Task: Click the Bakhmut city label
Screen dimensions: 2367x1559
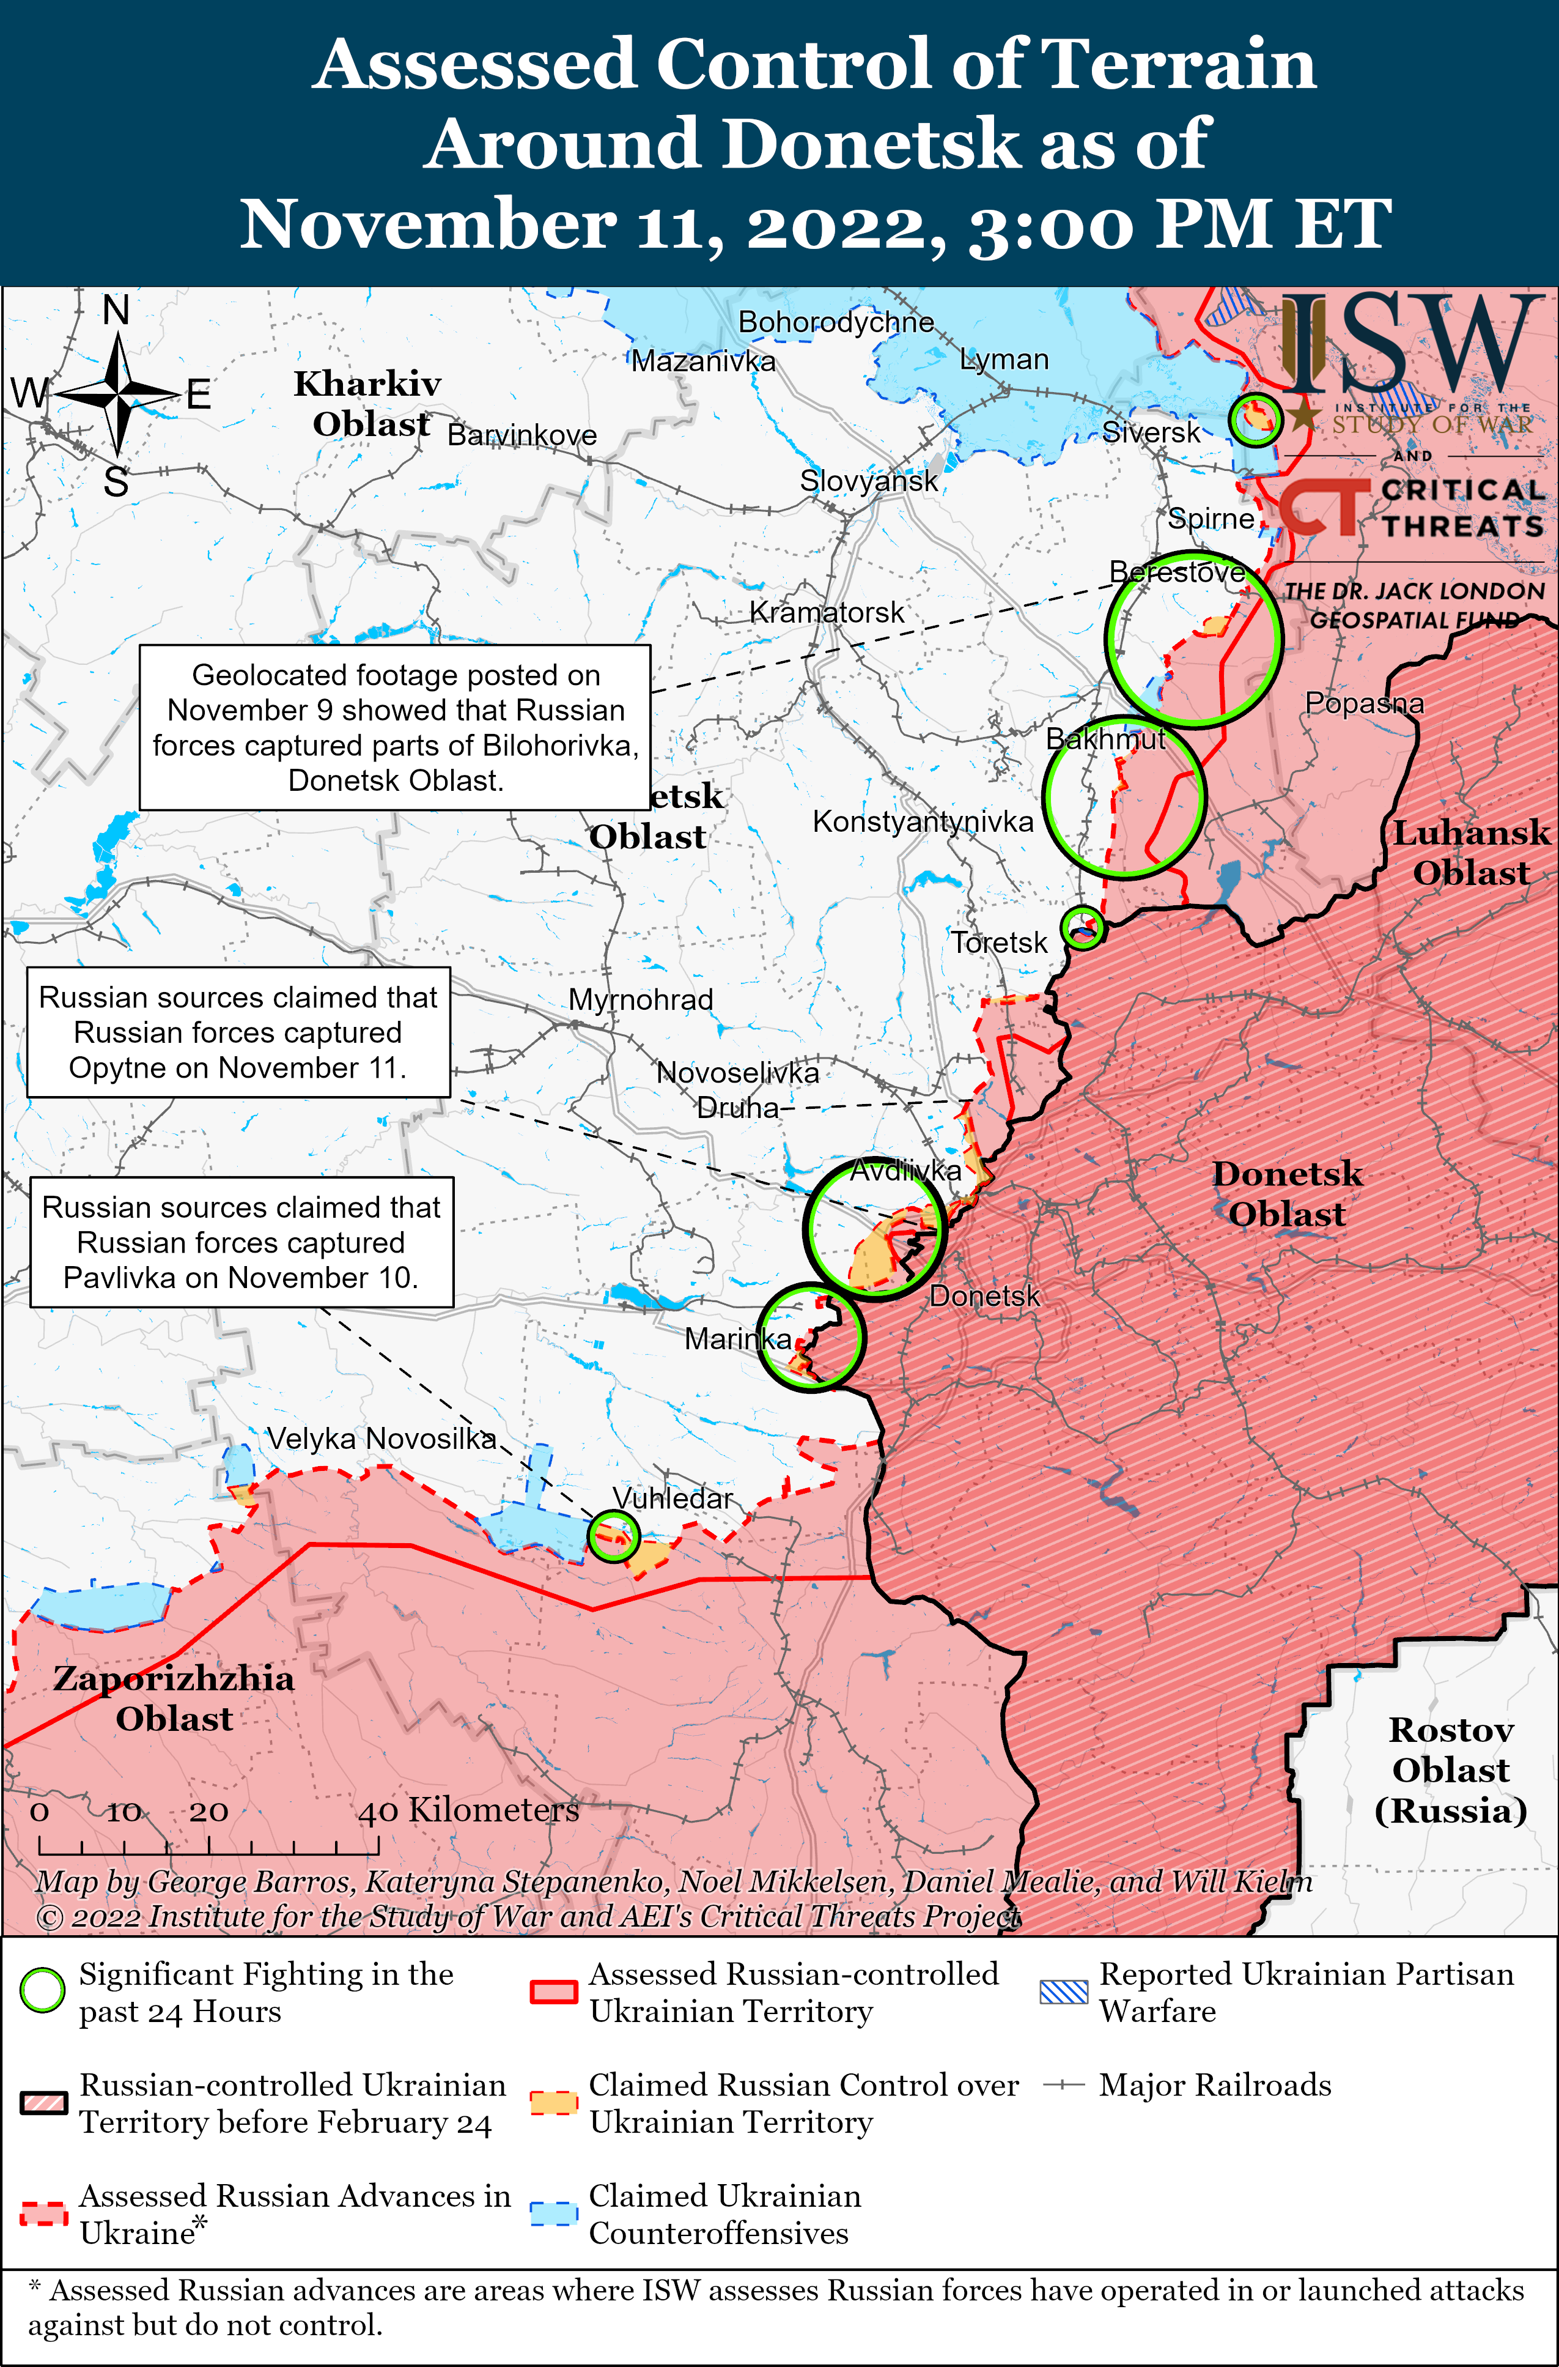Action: coord(1105,739)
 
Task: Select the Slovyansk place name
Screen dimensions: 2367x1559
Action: coord(868,481)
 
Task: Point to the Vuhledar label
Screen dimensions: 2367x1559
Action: coord(672,1498)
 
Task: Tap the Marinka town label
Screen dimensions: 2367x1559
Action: coord(738,1339)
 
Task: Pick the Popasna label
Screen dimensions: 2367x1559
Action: coord(1363,703)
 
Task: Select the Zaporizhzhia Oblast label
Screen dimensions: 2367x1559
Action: coord(174,1698)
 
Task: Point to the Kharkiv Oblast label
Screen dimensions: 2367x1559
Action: coord(368,403)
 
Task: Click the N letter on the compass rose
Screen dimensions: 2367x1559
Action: coord(116,310)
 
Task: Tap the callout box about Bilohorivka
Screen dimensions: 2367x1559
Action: coord(395,727)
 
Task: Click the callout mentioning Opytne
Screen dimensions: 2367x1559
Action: coord(238,1032)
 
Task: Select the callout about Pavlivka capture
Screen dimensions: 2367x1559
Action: coord(241,1242)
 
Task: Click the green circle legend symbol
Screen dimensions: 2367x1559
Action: coord(42,1990)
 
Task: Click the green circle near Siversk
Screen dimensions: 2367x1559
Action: coord(1254,419)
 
